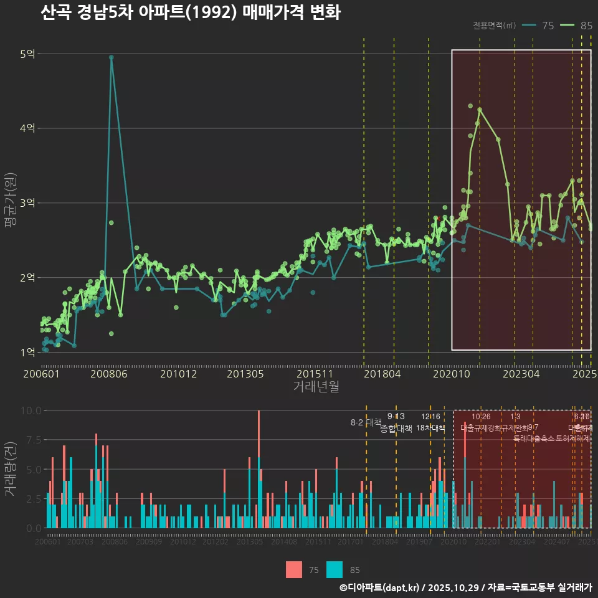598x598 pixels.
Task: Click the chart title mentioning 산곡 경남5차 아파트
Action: point(190,13)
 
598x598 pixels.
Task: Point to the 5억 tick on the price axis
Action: point(27,54)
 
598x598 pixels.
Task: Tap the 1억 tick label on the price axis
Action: point(27,353)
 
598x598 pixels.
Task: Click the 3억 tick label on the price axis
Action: point(27,203)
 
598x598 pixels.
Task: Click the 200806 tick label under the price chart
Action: point(108,374)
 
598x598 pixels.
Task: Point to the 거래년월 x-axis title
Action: point(316,387)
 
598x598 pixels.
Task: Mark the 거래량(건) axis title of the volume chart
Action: point(10,469)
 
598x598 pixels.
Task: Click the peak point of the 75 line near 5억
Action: point(111,57)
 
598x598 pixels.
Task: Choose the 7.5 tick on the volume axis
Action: point(33,440)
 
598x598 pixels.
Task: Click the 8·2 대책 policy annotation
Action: point(366,422)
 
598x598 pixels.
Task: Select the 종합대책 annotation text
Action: point(396,428)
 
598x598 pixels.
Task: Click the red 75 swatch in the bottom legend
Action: point(294,569)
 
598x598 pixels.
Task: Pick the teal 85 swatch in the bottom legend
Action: point(335,569)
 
